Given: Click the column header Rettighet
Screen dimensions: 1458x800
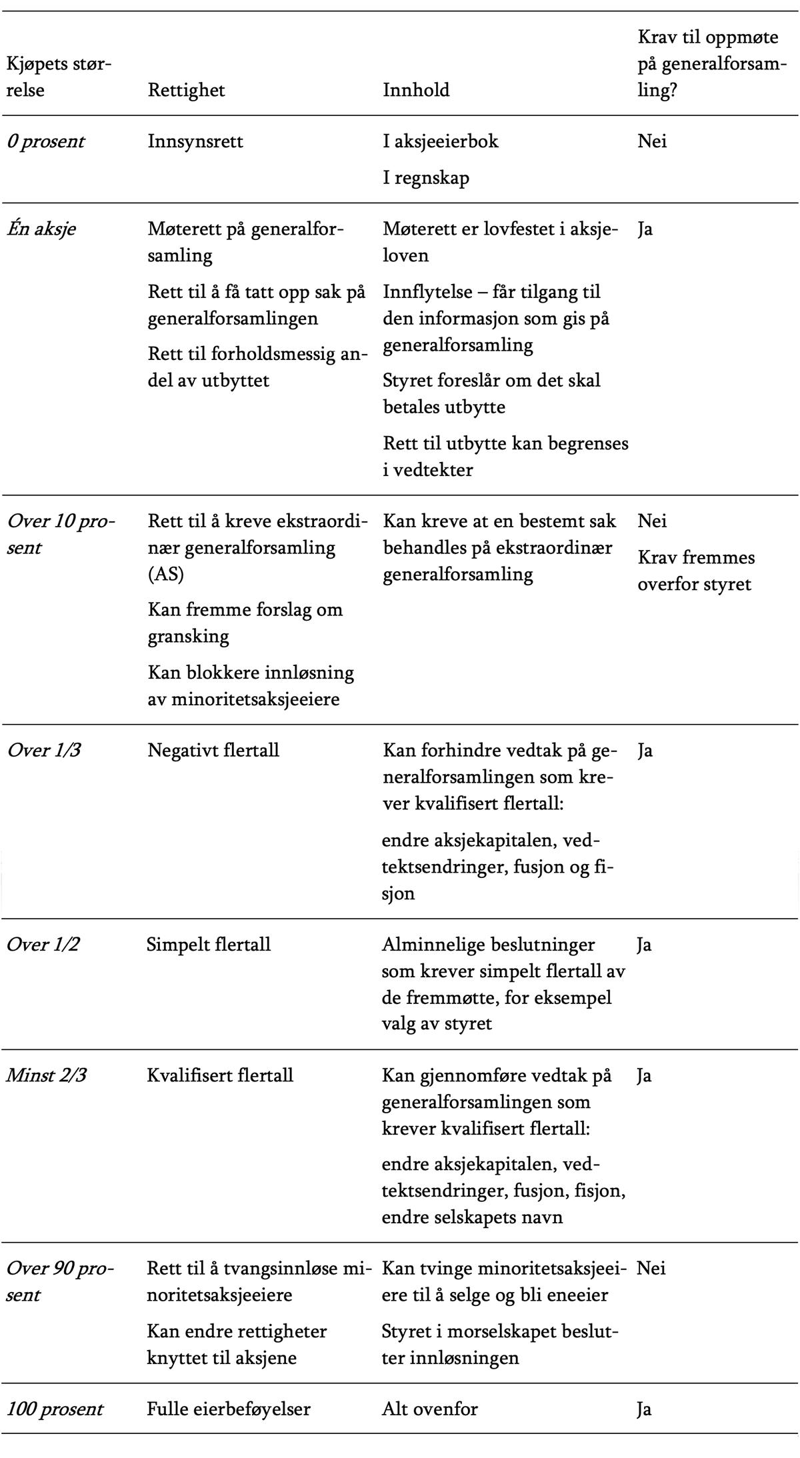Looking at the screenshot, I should (x=186, y=90).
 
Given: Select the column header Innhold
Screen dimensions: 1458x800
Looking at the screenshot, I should (x=416, y=90).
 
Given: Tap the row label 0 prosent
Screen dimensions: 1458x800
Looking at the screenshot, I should (x=45, y=141).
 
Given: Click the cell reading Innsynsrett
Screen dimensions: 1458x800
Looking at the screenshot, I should (x=195, y=141).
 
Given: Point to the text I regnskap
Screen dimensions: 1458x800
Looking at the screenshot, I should (x=426, y=178).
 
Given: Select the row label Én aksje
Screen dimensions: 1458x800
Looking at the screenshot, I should (x=41, y=229).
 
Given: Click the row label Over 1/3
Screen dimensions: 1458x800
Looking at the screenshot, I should (x=43, y=750).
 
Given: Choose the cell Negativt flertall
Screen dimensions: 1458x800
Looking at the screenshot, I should (x=213, y=750).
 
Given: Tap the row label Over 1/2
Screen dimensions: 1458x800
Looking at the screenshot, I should (x=43, y=944).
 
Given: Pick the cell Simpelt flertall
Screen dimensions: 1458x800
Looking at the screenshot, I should (x=209, y=944).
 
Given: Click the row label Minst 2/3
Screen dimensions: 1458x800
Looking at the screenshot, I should (x=46, y=1075).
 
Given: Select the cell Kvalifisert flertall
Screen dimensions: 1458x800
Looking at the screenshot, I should (x=220, y=1075).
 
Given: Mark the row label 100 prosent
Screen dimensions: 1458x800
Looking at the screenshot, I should (x=55, y=1409).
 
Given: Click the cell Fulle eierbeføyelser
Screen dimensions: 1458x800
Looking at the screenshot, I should (x=229, y=1409).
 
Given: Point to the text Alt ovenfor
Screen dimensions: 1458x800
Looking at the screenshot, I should (x=429, y=1409).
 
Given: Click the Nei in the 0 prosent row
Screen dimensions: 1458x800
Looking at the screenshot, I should (x=652, y=141).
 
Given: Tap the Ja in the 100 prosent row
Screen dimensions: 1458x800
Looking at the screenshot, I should (x=644, y=1409).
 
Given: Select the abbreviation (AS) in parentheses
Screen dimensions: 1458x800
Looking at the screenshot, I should (x=165, y=574).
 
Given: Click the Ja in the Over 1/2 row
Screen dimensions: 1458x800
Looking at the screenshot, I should (x=644, y=944).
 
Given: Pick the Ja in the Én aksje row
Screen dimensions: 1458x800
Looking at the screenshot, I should (x=645, y=229).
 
